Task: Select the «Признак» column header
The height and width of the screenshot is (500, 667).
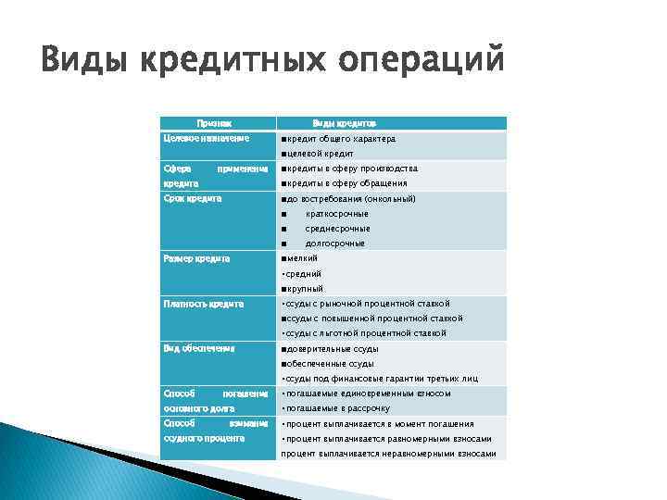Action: tap(214, 123)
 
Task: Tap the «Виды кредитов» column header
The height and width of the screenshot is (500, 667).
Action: tap(344, 123)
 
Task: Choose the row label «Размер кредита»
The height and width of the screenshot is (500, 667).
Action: tap(196, 257)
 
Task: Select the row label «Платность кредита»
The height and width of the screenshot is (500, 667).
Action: tap(203, 303)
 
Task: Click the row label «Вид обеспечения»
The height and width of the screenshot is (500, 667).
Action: tap(199, 348)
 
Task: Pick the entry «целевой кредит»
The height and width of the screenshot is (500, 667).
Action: tap(321, 154)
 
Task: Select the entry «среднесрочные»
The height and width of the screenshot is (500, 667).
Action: tap(337, 228)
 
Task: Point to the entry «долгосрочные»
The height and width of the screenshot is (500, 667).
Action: tap(335, 243)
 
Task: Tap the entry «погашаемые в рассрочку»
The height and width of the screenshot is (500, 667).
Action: tap(337, 408)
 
